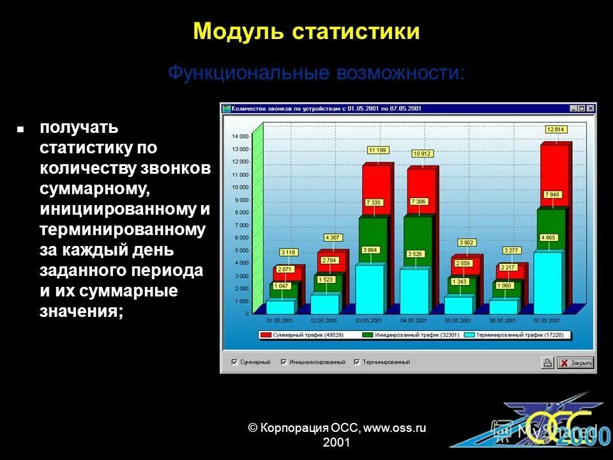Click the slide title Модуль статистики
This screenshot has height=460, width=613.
coord(306,31)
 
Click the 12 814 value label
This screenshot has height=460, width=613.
coord(556,129)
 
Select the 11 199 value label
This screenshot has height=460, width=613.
coord(377,150)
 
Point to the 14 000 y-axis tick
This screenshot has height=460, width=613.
coord(240,137)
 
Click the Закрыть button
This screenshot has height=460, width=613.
coord(575,363)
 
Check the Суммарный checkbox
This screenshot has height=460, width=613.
coord(235,362)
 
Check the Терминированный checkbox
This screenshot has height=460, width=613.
coord(357,362)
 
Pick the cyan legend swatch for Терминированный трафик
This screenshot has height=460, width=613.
coord(470,335)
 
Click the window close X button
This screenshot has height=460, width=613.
coord(591,109)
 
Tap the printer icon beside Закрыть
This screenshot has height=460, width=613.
coord(547,363)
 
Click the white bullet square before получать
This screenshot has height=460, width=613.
coord(20,129)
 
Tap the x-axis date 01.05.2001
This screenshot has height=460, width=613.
coord(279,320)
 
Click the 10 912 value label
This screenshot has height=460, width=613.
coord(422,153)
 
